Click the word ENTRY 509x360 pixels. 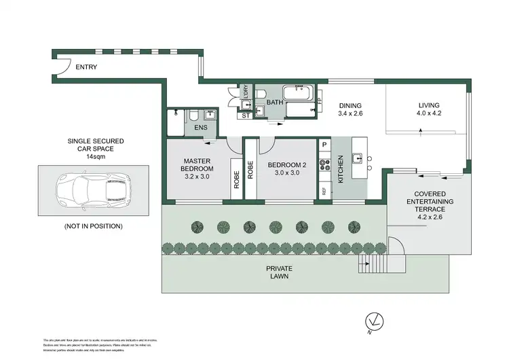click(87, 67)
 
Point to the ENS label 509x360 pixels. click(201, 128)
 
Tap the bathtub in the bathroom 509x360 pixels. click(297, 93)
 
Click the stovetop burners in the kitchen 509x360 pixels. click(324, 164)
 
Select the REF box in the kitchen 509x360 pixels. click(324, 191)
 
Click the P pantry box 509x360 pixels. click(324, 145)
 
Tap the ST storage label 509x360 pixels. click(246, 116)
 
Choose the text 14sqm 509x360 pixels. click(95, 156)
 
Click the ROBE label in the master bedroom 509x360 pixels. click(237, 178)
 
